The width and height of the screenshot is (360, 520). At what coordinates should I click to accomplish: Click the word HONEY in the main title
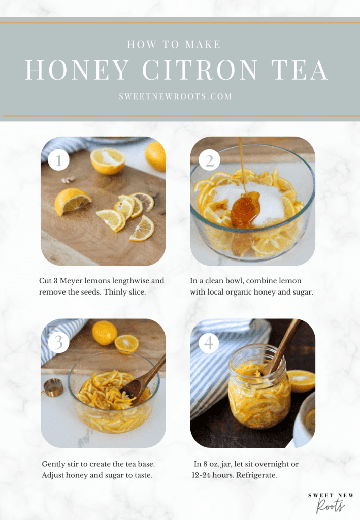click(77, 70)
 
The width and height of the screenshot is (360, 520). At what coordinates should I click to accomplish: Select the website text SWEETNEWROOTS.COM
click(175, 96)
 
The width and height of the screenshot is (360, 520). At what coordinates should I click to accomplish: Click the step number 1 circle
click(58, 161)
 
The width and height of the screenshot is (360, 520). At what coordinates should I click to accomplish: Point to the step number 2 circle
click(209, 161)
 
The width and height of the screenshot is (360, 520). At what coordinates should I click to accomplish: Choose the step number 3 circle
click(58, 343)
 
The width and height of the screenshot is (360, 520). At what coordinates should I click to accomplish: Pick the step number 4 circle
click(209, 343)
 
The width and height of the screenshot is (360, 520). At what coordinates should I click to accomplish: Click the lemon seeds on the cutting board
click(68, 179)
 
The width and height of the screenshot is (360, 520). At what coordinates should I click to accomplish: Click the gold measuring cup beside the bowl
click(53, 387)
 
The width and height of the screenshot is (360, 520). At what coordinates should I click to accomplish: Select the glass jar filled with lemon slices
click(259, 388)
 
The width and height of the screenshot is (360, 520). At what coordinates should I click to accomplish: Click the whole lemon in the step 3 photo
click(105, 333)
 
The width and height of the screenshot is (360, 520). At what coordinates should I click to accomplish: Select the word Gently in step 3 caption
click(54, 464)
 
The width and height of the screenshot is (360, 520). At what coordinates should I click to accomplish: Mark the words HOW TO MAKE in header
click(174, 45)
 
